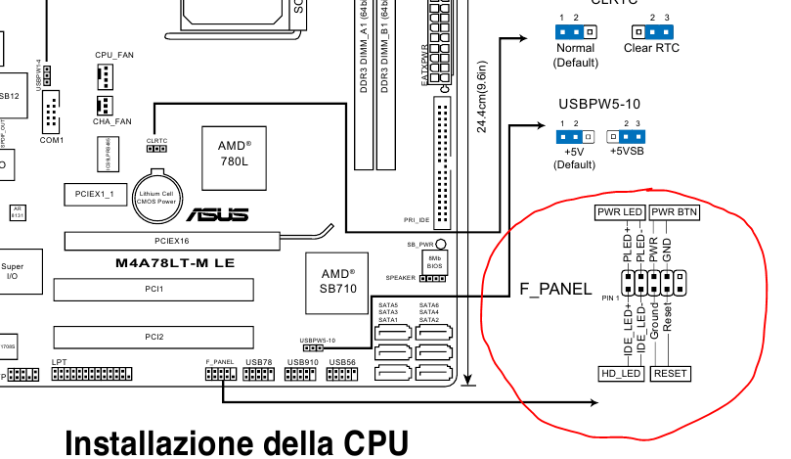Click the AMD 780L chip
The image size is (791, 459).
(x=234, y=157)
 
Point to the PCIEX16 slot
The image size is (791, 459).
(x=171, y=240)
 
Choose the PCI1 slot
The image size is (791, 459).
(x=154, y=290)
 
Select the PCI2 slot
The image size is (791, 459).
(x=154, y=337)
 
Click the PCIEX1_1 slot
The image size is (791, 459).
(x=95, y=194)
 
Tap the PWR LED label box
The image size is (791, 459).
(x=619, y=212)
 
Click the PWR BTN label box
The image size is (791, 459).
(x=674, y=212)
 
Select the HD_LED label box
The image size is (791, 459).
(x=621, y=374)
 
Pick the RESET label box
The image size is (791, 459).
(x=671, y=374)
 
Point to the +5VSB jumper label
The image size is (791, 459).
(x=626, y=151)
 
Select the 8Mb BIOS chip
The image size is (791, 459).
(x=435, y=261)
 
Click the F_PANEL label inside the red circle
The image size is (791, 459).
(x=555, y=289)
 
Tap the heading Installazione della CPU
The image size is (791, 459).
(x=236, y=442)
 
